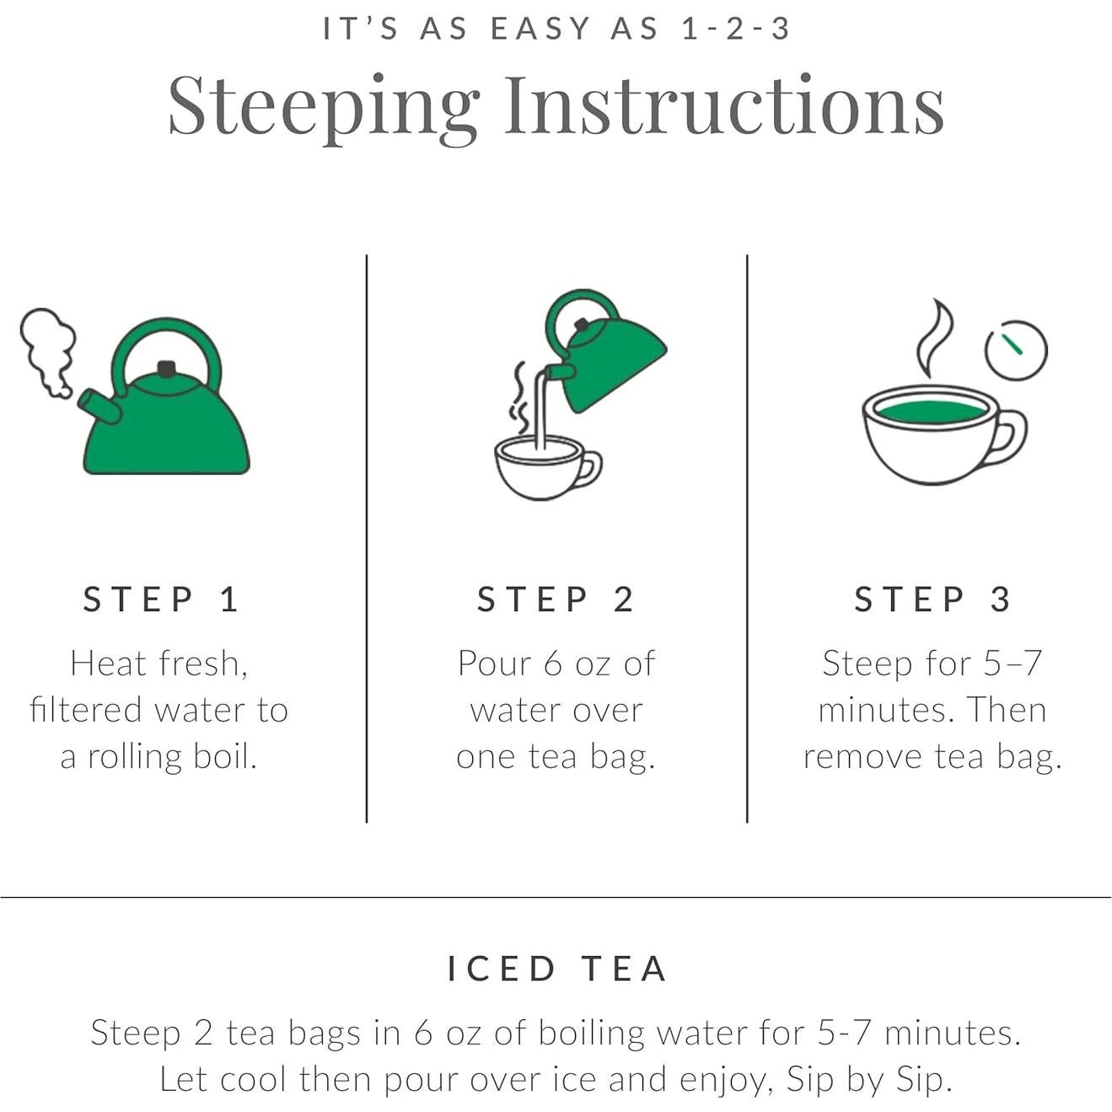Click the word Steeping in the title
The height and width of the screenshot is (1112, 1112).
[324, 109]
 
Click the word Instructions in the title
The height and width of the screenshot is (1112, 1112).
[725, 105]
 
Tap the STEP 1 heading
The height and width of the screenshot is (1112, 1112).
[160, 599]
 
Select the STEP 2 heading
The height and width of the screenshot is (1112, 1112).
[556, 599]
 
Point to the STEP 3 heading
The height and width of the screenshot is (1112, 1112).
[932, 599]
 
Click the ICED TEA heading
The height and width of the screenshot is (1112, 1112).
[557, 969]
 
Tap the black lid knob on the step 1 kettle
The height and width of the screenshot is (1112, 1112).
[166, 368]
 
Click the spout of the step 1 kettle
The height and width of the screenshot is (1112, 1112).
[99, 406]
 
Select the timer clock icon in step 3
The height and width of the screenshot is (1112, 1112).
[1016, 350]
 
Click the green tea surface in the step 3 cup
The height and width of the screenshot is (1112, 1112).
[931, 412]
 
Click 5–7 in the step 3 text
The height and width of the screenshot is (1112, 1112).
[1013, 663]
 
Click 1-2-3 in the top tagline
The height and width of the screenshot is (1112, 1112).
[735, 29]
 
